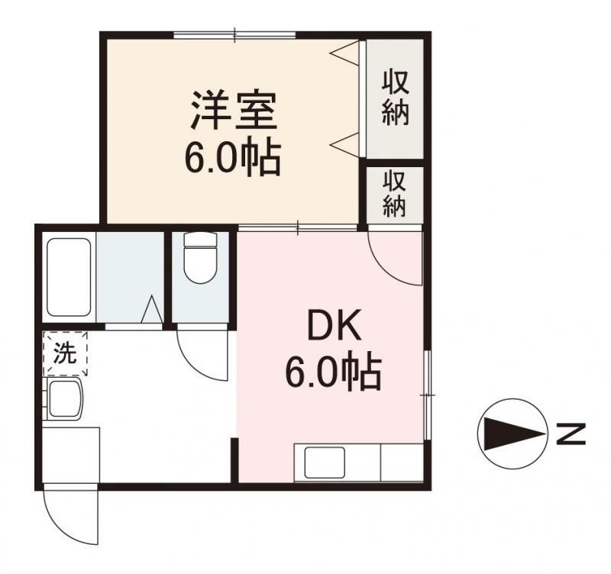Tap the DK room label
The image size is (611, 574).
click(332, 328)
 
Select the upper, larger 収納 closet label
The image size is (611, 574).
click(395, 97)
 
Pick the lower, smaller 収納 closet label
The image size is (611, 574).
click(394, 194)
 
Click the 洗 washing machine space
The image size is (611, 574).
click(66, 353)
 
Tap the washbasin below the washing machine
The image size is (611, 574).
click(67, 399)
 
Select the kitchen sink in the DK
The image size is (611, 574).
click(325, 463)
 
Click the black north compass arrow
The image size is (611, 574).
click(511, 434)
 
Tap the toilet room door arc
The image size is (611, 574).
click(200, 353)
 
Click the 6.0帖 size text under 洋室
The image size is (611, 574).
click(231, 158)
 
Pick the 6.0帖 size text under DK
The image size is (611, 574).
click(333, 373)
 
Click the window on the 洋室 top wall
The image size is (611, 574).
click(234, 34)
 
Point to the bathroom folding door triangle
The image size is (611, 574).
click(151, 310)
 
